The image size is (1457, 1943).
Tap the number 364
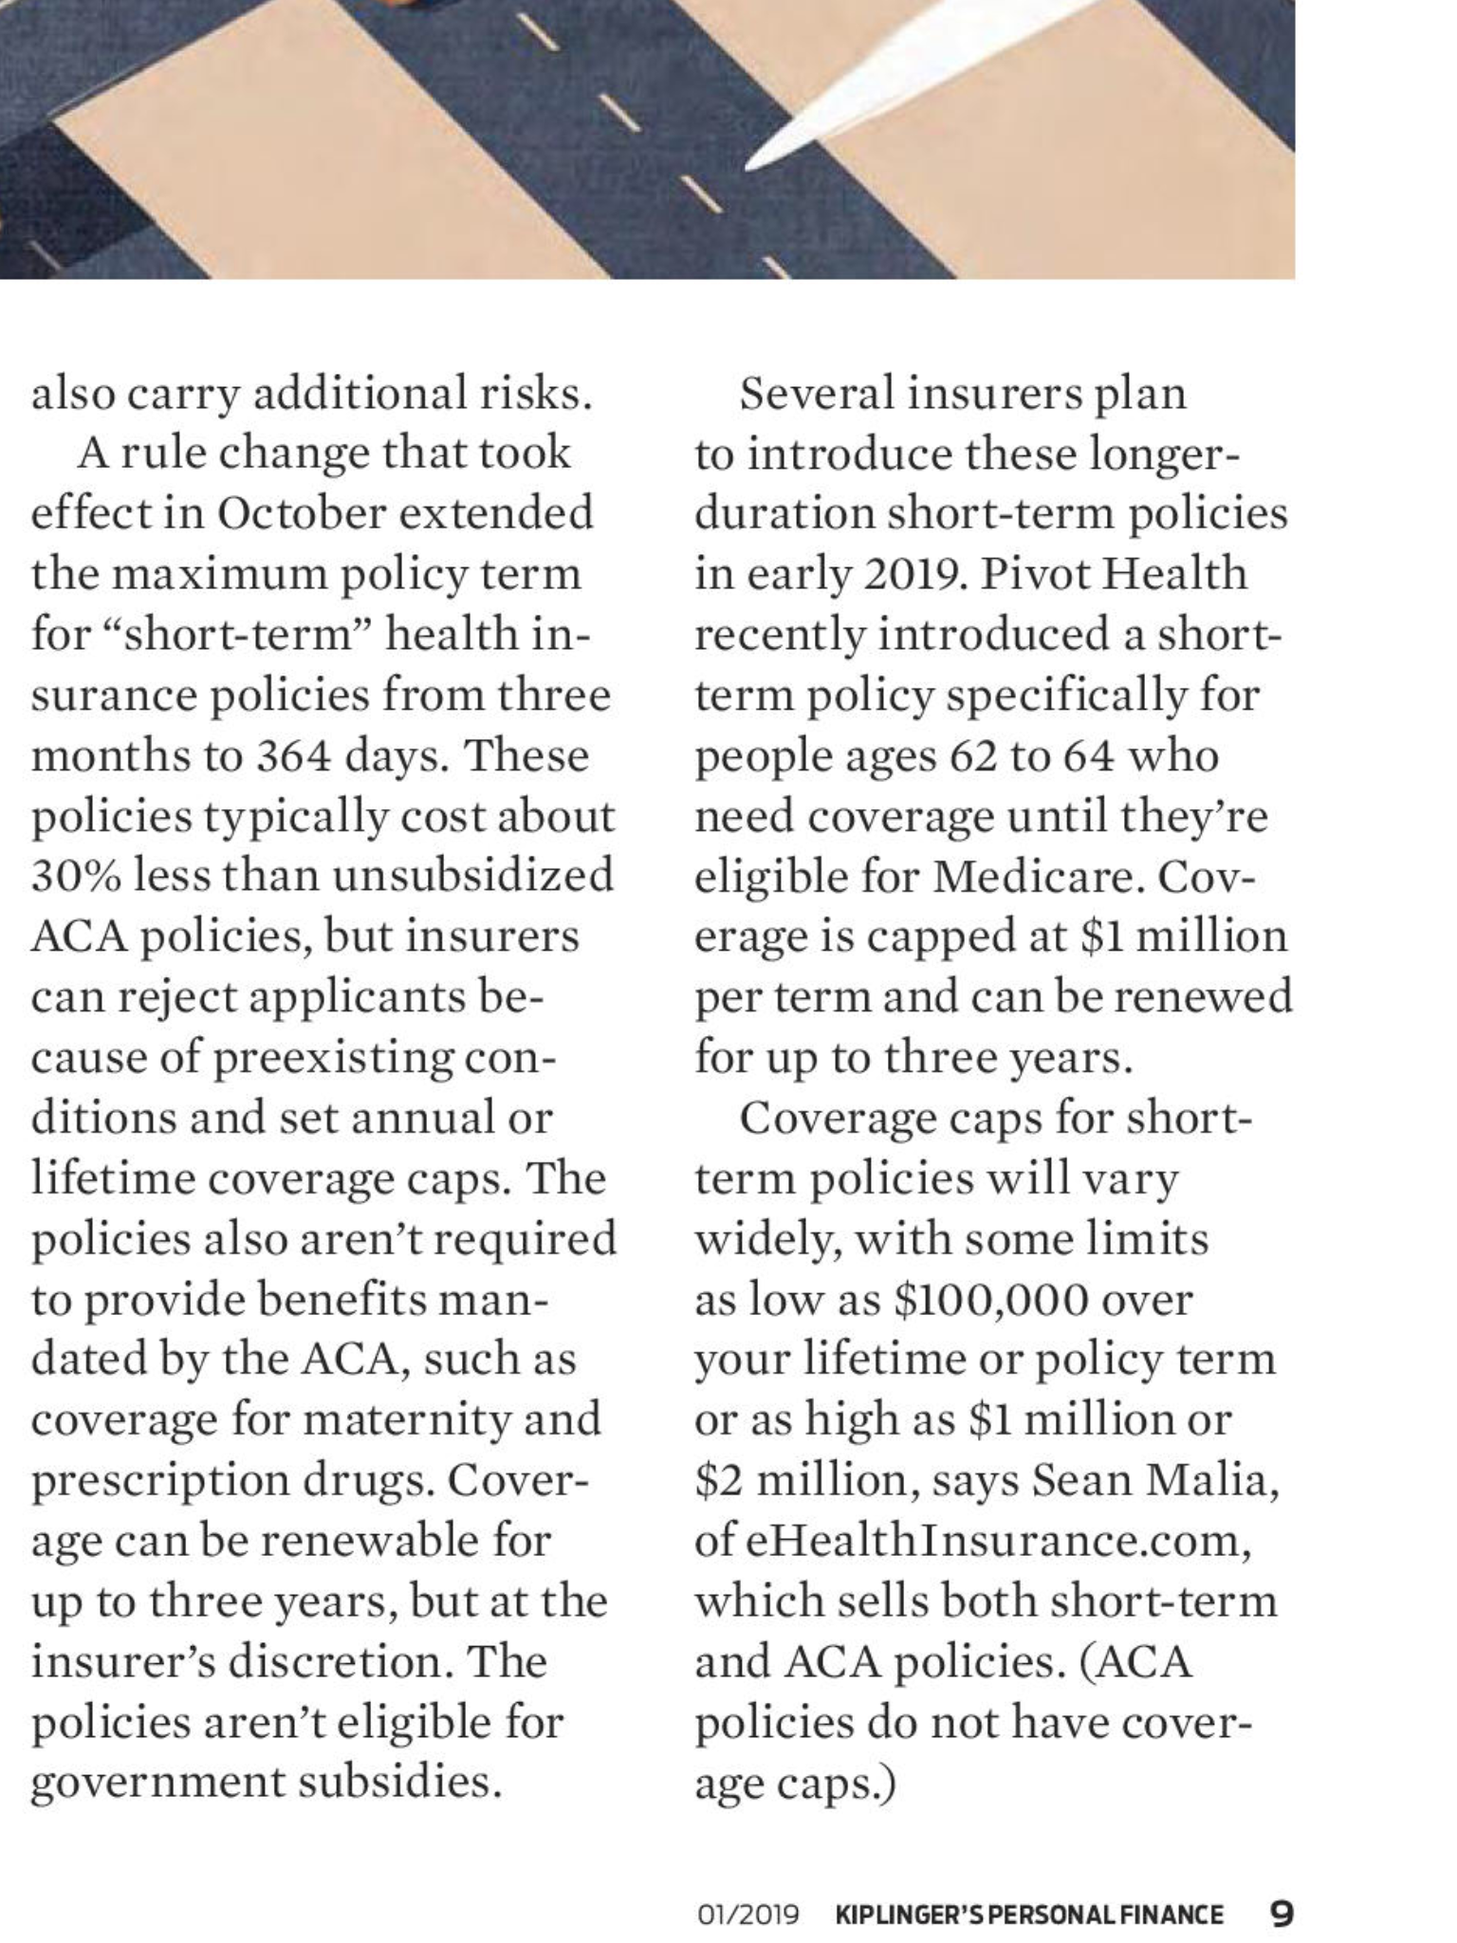[291, 756]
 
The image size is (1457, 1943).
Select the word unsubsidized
[473, 876]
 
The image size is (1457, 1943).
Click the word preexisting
[332, 1058]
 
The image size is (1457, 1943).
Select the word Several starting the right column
[815, 394]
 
